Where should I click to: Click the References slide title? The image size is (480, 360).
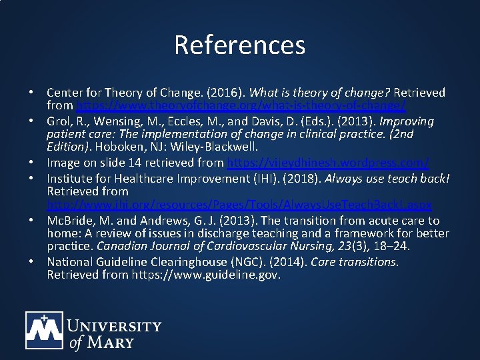pos(239,45)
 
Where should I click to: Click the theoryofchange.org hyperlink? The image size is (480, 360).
pos(241,105)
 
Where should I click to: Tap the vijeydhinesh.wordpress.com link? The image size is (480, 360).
pos(328,162)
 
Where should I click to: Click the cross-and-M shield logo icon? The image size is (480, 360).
pos(44,331)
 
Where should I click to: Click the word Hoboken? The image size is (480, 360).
pos(115,147)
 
